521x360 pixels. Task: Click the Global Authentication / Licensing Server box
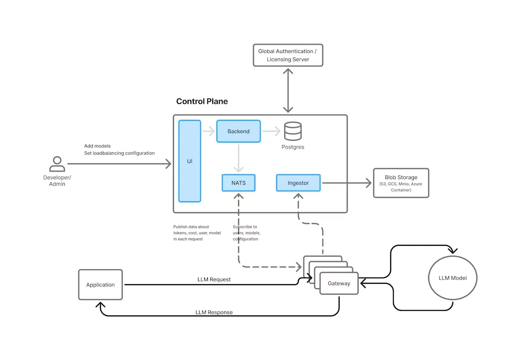288,55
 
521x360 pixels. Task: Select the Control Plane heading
202,101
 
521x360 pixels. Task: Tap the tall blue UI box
189,161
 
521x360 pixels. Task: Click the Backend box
238,131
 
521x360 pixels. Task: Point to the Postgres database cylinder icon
293,131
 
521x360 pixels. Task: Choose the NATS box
238,183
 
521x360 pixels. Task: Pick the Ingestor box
298,183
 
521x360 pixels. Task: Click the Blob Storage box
401,183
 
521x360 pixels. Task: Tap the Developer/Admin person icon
57,164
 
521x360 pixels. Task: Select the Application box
100,285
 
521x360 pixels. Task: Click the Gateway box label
339,283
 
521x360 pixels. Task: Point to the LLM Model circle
452,278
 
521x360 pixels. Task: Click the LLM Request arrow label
214,279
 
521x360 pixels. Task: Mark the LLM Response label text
214,313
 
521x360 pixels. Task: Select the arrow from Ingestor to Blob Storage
346,183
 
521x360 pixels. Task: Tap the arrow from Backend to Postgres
270,131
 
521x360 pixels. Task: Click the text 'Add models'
98,146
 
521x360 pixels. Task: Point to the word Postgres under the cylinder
293,147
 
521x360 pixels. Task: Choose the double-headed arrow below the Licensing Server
287,90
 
